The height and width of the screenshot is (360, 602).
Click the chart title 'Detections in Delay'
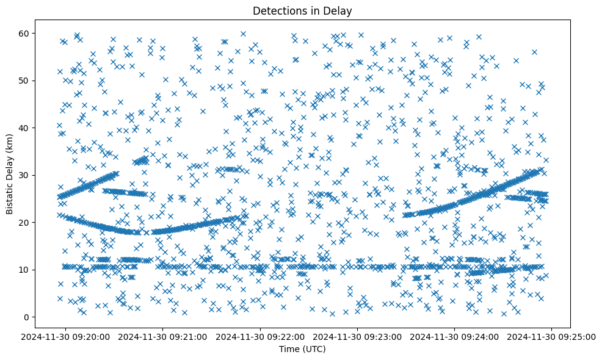click(302, 10)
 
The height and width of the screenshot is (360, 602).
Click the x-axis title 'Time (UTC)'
click(302, 350)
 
